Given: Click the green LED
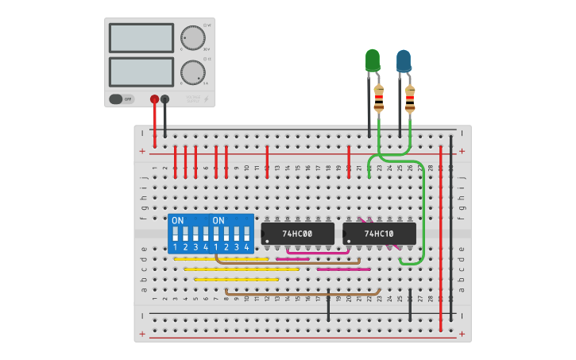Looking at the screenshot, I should click(372, 60).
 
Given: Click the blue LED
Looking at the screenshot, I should click(404, 60).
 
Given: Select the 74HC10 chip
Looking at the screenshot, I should click(379, 234).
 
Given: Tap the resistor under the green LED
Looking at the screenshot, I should click(379, 98).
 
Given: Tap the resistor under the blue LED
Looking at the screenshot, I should click(410, 98).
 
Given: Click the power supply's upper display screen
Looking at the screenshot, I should click(141, 38).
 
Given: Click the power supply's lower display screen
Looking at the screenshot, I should click(141, 72).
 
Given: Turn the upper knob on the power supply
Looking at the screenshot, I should click(191, 37).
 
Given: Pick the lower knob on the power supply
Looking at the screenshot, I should click(191, 72).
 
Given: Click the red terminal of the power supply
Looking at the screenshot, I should click(154, 99).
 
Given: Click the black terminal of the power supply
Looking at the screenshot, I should click(164, 99).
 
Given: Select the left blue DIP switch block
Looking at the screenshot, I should click(189, 233).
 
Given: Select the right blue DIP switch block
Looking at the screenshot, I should click(231, 233).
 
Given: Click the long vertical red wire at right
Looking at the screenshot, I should click(441, 238).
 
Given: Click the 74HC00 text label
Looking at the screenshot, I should click(298, 234).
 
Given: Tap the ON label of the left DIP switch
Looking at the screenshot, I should click(177, 220).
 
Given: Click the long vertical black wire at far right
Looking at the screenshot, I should click(451, 230).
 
